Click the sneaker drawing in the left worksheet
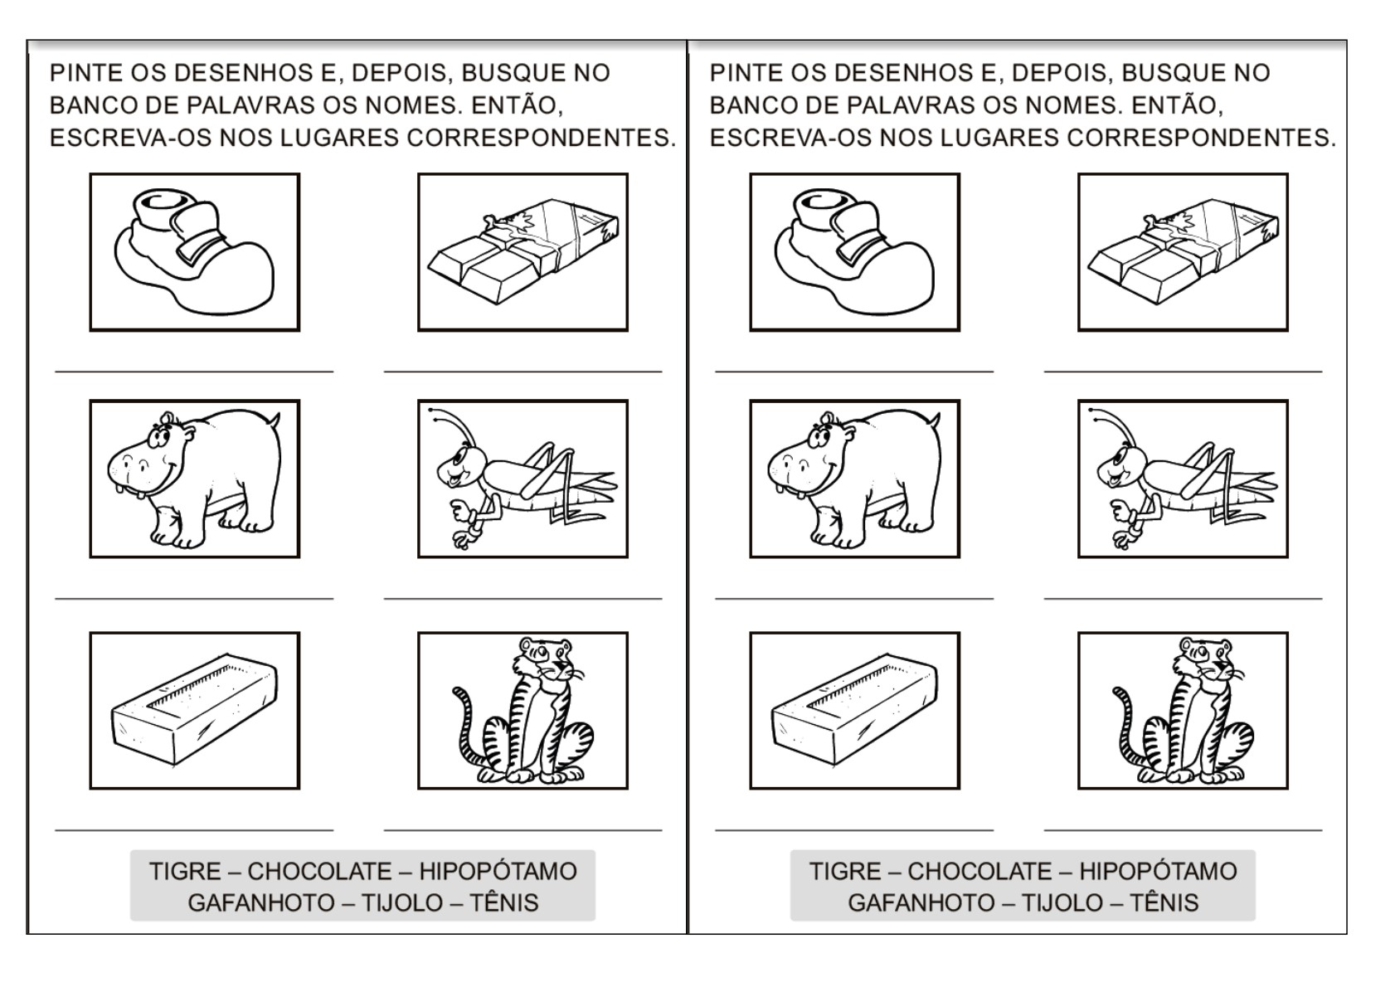click(194, 251)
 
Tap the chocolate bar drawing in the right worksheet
click(1184, 251)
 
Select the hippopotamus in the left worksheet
click(194, 479)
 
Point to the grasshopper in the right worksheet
click(1184, 479)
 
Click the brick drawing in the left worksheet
click(194, 709)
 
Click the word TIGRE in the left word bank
click(185, 871)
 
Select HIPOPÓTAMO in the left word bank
click(498, 871)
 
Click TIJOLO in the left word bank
click(402, 903)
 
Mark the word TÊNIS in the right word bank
click(1164, 903)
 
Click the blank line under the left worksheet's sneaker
click(194, 372)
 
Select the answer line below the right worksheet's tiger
click(1184, 830)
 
